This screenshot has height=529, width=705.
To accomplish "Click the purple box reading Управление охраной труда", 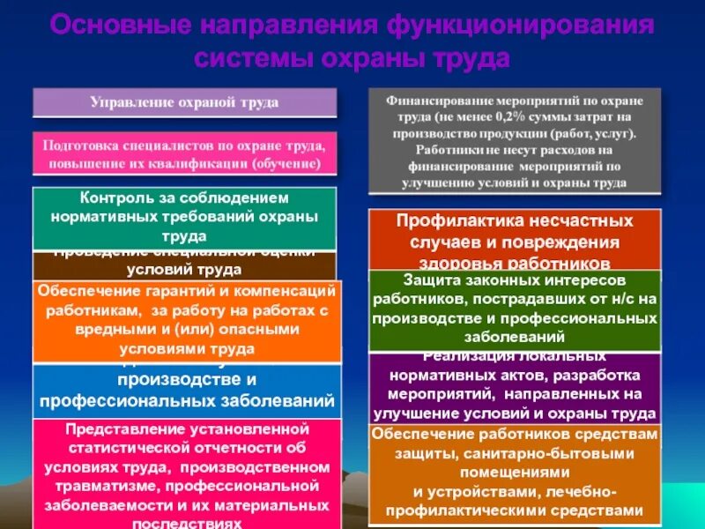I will (184, 102).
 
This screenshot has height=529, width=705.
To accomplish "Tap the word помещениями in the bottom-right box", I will (513, 472).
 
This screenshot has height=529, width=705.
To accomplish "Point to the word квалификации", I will (205, 163).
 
